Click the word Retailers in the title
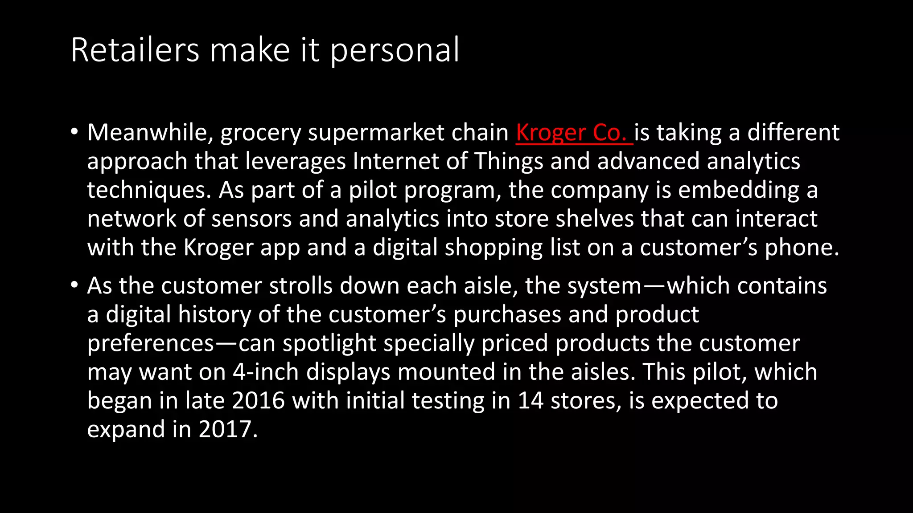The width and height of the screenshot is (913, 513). pyautogui.click(x=135, y=50)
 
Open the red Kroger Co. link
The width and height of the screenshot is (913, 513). pyautogui.click(x=573, y=133)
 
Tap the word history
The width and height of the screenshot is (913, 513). pyautogui.click(x=214, y=315)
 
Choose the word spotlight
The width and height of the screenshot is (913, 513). pyautogui.click(x=329, y=344)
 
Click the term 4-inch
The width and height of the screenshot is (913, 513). pyautogui.click(x=265, y=372)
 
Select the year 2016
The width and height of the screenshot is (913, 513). pyautogui.click(x=258, y=401)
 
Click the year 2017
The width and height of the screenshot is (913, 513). pyautogui.click(x=228, y=429)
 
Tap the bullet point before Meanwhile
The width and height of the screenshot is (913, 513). pyautogui.click(x=74, y=132)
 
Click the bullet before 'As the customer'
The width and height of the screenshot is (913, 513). pyautogui.click(x=74, y=285)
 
